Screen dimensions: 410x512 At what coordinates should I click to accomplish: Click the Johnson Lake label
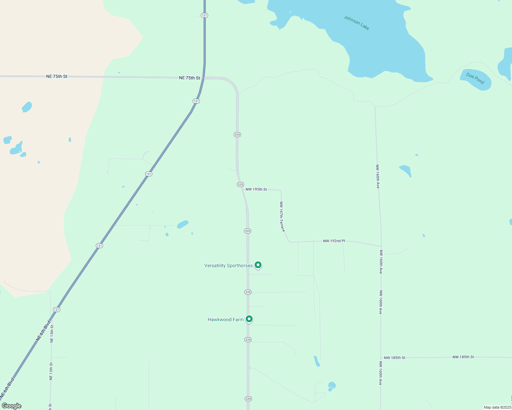pyautogui.click(x=356, y=23)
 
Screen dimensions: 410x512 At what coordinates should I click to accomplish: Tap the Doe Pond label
pyautogui.click(x=475, y=79)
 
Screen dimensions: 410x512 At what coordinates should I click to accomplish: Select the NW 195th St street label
pyautogui.click(x=256, y=189)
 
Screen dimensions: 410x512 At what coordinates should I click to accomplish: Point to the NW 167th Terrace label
pyautogui.click(x=282, y=217)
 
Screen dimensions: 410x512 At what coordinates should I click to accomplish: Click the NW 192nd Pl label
pyautogui.click(x=334, y=241)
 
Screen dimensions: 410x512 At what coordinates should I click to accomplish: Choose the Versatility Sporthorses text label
pyautogui.click(x=228, y=265)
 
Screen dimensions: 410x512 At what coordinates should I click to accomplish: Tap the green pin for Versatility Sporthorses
pyautogui.click(x=258, y=265)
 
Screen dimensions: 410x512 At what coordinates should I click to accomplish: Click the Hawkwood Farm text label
pyautogui.click(x=226, y=319)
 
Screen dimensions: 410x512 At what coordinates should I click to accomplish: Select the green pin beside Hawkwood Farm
pyautogui.click(x=249, y=319)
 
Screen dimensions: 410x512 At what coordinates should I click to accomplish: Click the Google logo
pyautogui.click(x=12, y=406)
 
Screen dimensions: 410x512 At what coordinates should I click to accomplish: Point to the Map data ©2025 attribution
pyautogui.click(x=497, y=407)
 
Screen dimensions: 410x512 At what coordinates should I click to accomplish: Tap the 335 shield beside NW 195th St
pyautogui.click(x=240, y=184)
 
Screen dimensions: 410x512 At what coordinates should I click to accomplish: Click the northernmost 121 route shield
pyautogui.click(x=204, y=15)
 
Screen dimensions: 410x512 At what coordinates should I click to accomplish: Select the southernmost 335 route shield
pyautogui.click(x=248, y=399)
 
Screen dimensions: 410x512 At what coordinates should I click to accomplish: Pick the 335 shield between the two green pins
pyautogui.click(x=248, y=292)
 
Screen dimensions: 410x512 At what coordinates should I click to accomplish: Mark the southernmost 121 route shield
pyautogui.click(x=56, y=310)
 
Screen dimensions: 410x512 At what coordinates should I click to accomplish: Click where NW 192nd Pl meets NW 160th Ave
pyautogui.click(x=381, y=246)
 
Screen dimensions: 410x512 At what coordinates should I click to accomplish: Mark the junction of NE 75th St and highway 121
pyautogui.click(x=204, y=78)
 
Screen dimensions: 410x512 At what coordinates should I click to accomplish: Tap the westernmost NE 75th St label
pyautogui.click(x=57, y=77)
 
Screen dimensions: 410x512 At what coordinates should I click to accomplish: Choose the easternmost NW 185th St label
pyautogui.click(x=463, y=357)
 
